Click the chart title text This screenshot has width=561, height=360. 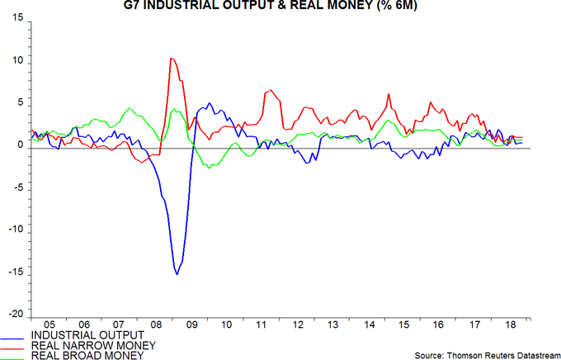point(280,7)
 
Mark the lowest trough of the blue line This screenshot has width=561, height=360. point(177,274)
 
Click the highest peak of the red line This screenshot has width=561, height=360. point(171,58)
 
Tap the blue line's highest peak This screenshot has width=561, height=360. point(210,103)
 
